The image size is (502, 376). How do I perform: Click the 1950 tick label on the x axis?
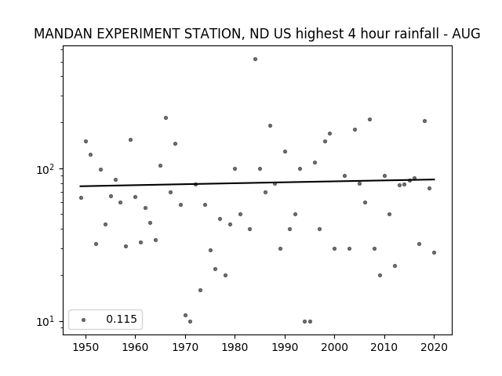(x=85, y=347)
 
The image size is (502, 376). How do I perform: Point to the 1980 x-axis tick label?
(x=235, y=347)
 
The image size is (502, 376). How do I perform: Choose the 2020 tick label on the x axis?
(x=434, y=347)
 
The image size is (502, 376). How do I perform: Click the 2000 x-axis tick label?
(x=334, y=347)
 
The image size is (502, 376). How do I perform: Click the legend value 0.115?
(x=122, y=319)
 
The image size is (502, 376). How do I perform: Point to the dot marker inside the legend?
(x=84, y=320)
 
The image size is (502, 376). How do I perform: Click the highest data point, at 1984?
(x=255, y=60)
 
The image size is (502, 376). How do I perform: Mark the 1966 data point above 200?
(x=166, y=118)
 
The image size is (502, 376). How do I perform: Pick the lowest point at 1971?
(x=190, y=321)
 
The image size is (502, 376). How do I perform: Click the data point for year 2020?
(x=434, y=252)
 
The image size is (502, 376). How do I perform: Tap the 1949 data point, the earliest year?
(x=81, y=198)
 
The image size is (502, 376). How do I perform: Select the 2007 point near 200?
(x=369, y=120)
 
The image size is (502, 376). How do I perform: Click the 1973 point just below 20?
(x=201, y=291)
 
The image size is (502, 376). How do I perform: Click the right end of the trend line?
(x=435, y=179)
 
